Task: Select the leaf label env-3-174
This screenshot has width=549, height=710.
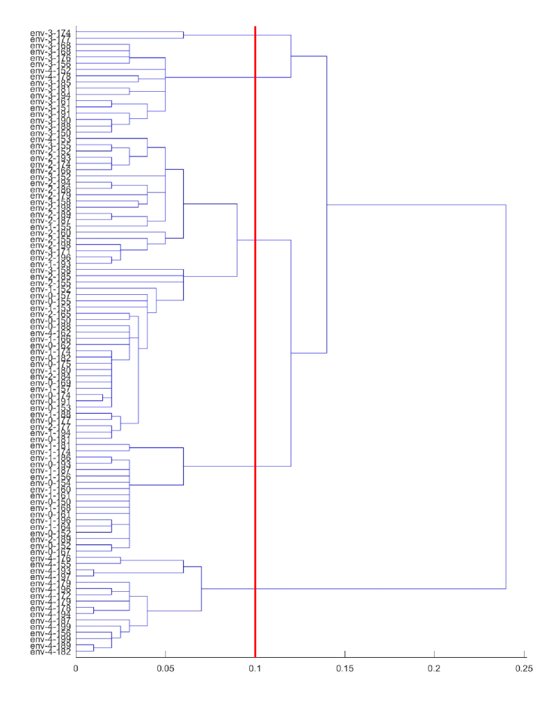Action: [x=51, y=33]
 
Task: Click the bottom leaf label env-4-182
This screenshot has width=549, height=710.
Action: [x=51, y=652]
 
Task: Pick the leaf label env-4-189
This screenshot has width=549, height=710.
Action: [x=51, y=645]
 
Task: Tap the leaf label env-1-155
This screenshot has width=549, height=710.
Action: [x=51, y=227]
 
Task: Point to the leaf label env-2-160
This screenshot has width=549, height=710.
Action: [x=51, y=233]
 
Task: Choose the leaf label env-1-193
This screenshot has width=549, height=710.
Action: [x=51, y=265]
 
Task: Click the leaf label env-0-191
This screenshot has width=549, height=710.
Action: [x=51, y=401]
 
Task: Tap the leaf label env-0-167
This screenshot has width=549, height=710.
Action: [x=51, y=553]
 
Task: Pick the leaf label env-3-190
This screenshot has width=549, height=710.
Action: [x=51, y=120]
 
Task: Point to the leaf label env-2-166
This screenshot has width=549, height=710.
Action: [x=51, y=169]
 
